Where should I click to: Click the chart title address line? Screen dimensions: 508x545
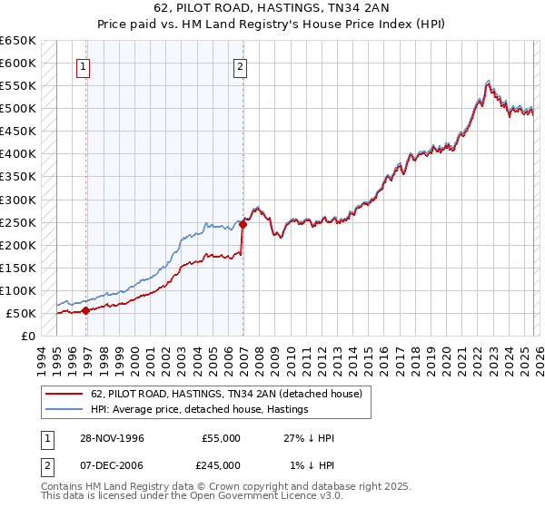click(272, 10)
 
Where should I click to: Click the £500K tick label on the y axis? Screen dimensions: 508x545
click(18, 109)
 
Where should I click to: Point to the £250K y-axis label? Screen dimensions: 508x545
click(18, 222)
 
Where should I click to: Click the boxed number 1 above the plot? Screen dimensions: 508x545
click(84, 65)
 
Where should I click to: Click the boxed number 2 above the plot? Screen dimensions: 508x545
click(241, 65)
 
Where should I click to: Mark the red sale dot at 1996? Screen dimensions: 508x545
click(86, 310)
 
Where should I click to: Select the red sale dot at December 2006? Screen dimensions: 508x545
click(243, 224)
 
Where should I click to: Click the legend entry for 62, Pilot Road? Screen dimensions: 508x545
click(227, 394)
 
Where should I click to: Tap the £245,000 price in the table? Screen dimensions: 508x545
click(221, 464)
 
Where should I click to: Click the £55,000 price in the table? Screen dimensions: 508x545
click(221, 438)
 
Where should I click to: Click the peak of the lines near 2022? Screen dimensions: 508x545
click(489, 81)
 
